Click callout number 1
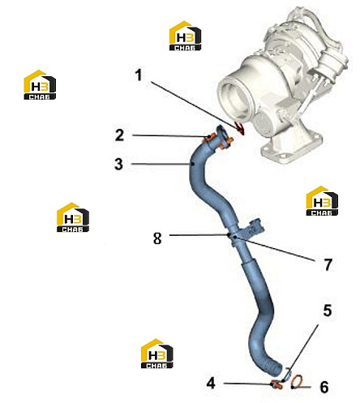(x=139, y=75)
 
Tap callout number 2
(x=119, y=135)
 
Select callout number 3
(x=119, y=164)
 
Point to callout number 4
(x=211, y=384)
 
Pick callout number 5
(x=328, y=311)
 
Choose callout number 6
(x=324, y=387)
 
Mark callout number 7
(x=328, y=264)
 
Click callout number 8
(x=157, y=238)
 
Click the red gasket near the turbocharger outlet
(x=240, y=127)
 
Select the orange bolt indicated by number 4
(x=276, y=384)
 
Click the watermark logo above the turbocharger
(x=185, y=36)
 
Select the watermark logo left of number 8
(x=73, y=217)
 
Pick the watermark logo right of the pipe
(x=322, y=201)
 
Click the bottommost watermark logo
(x=157, y=354)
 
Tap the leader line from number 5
(x=300, y=353)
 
